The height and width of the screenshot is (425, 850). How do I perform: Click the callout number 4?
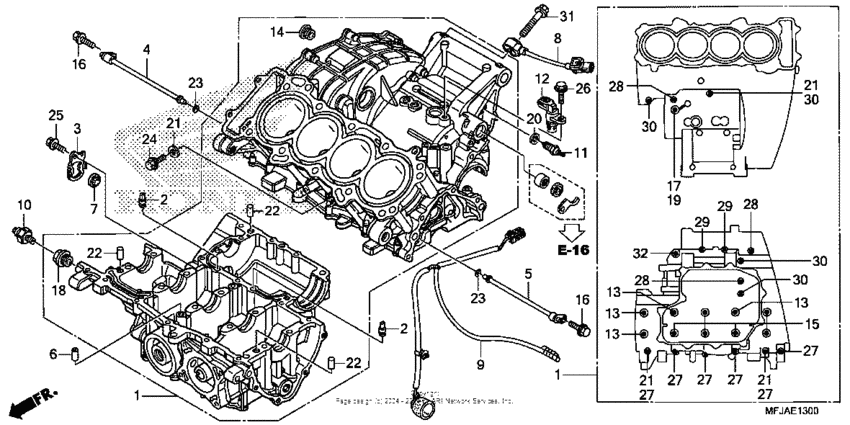[x=146, y=49]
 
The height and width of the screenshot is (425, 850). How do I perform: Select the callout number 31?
[x=566, y=16]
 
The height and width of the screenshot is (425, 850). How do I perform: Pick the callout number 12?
[x=541, y=78]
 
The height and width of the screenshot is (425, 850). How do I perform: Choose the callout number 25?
[x=54, y=116]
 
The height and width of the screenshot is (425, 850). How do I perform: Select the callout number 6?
[x=54, y=352]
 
